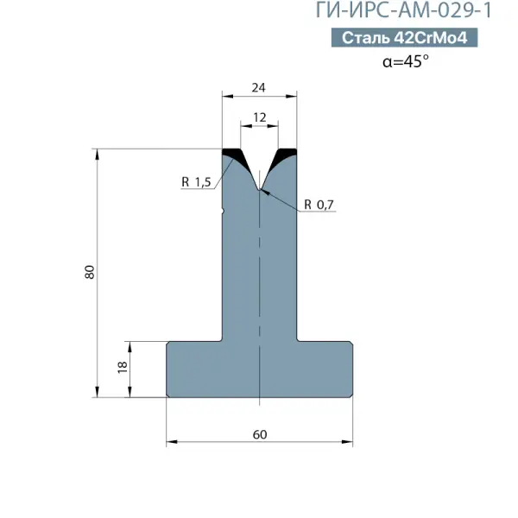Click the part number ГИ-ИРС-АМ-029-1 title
coord(404,10)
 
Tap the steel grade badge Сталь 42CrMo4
coord(404,37)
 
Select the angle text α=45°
coord(406,61)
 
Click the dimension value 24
coord(258,88)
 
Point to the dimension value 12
coord(259,117)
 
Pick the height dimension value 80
coord(90,272)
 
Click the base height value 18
coord(123,367)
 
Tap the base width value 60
coord(260,434)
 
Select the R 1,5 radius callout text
coord(196,182)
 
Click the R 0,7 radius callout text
coord(319,205)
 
